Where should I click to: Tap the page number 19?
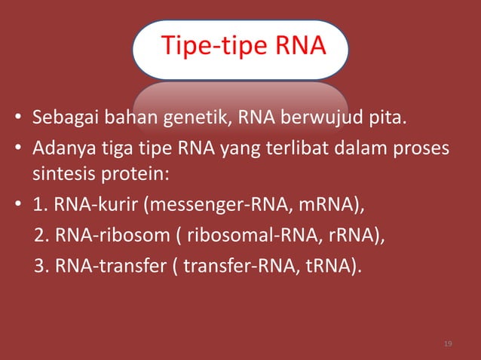[x=449, y=344]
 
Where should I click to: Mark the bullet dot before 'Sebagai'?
[x=17, y=120]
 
